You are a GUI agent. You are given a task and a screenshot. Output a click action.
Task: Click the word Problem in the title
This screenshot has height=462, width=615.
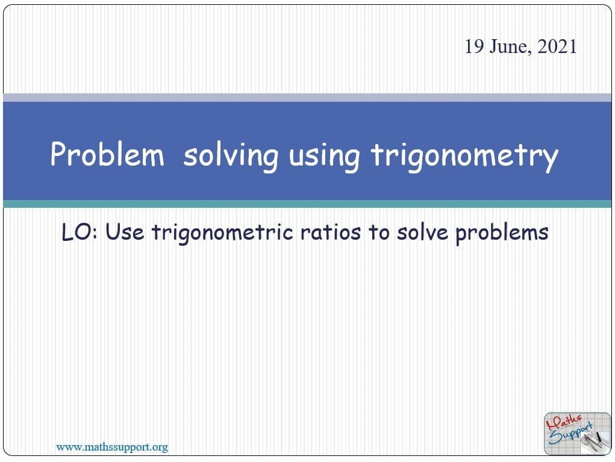coord(107,155)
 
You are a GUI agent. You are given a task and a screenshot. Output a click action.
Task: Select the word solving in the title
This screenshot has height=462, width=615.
coord(231,156)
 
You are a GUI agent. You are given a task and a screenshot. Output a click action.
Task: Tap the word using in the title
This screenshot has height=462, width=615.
coord(324,156)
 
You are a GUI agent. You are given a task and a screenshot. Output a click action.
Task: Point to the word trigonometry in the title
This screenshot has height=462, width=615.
coord(464,156)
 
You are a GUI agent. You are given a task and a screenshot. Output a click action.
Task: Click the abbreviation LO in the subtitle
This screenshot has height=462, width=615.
coord(79,232)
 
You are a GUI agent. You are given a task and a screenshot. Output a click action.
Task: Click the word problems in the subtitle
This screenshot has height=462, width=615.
coord(502,233)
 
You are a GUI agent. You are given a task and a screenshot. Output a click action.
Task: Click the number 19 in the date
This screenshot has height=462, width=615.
coord(474,47)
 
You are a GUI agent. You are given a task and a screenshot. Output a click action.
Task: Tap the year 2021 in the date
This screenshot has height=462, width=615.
coord(557,47)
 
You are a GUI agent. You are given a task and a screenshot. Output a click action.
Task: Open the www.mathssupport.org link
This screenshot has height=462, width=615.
coord(111,447)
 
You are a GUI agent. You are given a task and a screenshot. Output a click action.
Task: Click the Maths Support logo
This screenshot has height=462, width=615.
coord(576,433)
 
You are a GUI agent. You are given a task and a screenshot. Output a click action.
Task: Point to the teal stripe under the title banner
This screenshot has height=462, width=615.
coord(307,204)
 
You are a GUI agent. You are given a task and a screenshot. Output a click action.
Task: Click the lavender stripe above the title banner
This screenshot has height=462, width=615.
coord(307,98)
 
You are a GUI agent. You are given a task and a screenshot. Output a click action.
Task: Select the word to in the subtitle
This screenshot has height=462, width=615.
coord(379,232)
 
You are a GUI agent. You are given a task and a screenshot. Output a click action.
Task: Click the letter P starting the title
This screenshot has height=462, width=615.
coord(58,155)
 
